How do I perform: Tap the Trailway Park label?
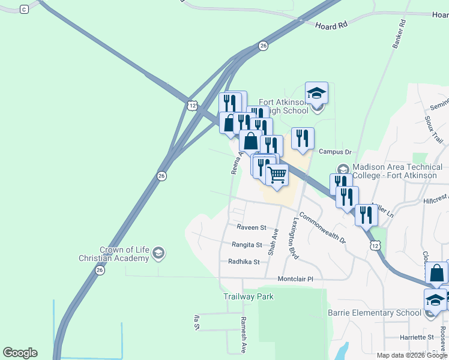click(249, 296)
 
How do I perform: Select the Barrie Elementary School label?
click(375, 313)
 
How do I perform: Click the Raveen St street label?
click(251, 227)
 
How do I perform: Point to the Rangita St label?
click(247, 245)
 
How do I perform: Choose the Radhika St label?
click(244, 262)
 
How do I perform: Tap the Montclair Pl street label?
click(295, 279)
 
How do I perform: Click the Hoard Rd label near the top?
click(331, 26)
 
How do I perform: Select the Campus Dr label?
click(335, 152)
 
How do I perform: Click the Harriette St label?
click(417, 337)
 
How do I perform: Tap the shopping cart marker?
click(277, 175)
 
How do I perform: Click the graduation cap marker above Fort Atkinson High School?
click(316, 93)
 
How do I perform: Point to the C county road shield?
click(24, 9)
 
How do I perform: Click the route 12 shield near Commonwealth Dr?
click(375, 245)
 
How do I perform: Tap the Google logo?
click(20, 353)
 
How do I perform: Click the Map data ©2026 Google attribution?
click(412, 355)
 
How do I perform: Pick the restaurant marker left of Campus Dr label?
click(302, 138)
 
